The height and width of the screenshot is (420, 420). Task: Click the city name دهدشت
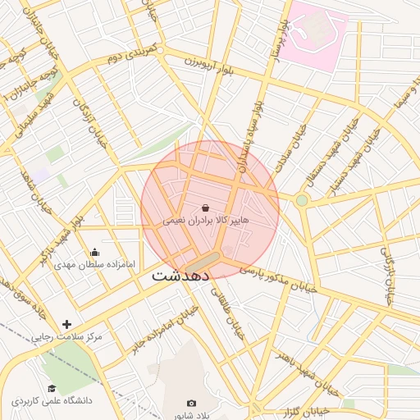point(181,276)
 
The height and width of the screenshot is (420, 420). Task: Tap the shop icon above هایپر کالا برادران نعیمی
point(205,208)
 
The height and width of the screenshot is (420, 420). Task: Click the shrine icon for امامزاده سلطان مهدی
point(95,252)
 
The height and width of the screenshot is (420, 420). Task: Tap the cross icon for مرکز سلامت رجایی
point(67,325)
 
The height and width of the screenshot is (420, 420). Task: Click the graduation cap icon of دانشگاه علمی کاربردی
point(52,389)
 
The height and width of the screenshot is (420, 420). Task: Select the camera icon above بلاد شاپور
point(191,403)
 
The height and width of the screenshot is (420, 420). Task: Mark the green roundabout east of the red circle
point(302,200)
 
